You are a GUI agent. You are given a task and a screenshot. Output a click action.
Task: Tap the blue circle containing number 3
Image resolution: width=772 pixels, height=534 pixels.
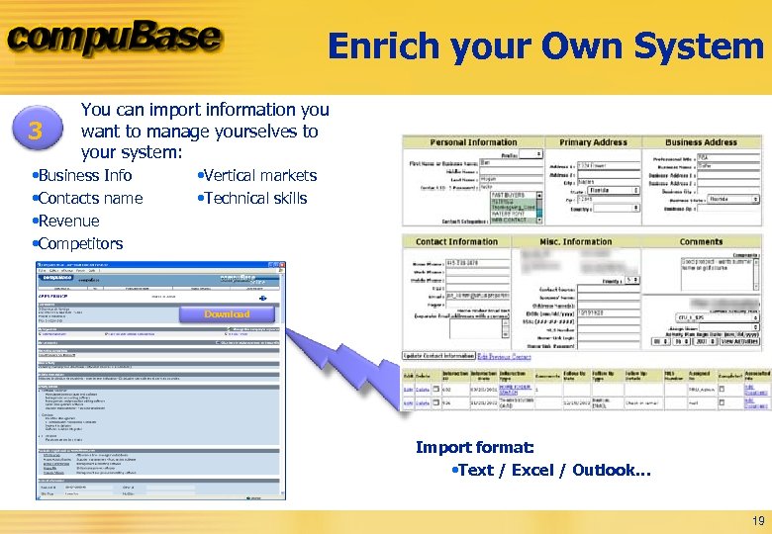click(x=37, y=131)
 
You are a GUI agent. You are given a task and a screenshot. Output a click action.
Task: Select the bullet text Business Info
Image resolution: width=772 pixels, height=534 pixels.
click(x=84, y=175)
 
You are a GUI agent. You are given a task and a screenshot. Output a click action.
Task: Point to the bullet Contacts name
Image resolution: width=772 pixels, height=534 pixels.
click(x=90, y=198)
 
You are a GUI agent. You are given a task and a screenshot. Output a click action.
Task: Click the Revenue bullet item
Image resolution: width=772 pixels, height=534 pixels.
click(x=68, y=221)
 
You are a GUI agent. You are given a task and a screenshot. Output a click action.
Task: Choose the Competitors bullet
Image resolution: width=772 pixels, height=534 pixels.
click(x=80, y=243)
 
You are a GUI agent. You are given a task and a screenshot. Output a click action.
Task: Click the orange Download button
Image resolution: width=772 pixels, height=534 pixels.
click(x=227, y=314)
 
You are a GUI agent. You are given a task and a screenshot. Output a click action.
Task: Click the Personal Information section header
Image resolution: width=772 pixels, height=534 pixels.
click(x=473, y=142)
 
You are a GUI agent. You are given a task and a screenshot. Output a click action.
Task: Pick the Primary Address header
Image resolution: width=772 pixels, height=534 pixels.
click(x=593, y=142)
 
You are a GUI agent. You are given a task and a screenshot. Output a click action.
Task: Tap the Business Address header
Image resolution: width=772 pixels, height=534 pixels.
click(x=701, y=142)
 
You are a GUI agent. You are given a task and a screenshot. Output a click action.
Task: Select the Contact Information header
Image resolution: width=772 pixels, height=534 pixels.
click(x=456, y=241)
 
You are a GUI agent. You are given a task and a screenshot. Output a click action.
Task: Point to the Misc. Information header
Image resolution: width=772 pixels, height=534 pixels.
click(x=575, y=241)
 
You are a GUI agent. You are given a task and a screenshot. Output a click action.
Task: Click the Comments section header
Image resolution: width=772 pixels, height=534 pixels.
click(x=701, y=241)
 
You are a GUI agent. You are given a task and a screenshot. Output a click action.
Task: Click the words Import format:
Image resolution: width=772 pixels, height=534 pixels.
click(x=474, y=448)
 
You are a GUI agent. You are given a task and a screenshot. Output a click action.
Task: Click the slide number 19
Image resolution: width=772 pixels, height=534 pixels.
click(x=758, y=521)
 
